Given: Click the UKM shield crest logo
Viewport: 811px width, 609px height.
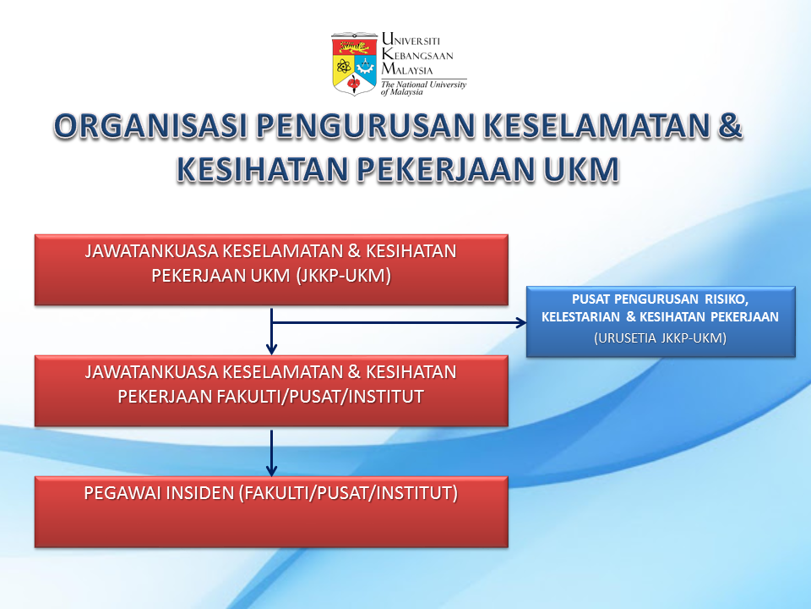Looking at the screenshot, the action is (354, 64).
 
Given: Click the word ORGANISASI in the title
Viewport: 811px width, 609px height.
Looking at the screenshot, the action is (150, 126).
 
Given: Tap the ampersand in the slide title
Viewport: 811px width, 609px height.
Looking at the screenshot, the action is (730, 126).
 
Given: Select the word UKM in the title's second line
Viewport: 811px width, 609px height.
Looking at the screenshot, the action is (581, 169).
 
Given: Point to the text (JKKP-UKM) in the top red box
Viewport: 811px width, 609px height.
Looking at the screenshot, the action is (344, 276).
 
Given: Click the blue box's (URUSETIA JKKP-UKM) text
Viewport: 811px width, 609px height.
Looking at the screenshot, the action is (660, 338).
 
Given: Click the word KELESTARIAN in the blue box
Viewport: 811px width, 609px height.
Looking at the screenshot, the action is (580, 317).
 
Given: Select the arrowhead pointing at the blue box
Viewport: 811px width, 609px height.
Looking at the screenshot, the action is (521, 322).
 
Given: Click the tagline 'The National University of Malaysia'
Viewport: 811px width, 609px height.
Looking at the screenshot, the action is (423, 88).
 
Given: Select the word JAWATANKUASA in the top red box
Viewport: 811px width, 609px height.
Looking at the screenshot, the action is (151, 251).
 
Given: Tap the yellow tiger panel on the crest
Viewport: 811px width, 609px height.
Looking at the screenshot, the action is (354, 47).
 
